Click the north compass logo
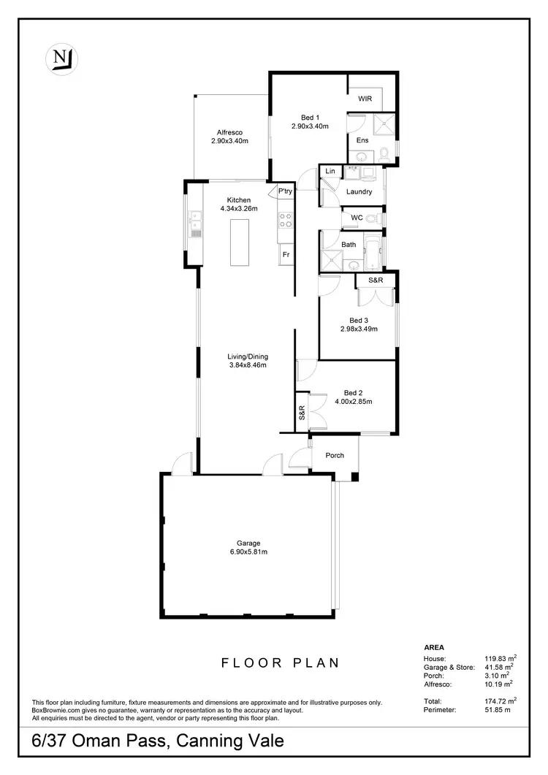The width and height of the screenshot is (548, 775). pyautogui.click(x=62, y=58)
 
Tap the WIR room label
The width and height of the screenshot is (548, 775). pyautogui.click(x=365, y=99)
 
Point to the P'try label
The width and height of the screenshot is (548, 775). pyautogui.click(x=285, y=191)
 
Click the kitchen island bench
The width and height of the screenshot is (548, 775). pyautogui.click(x=239, y=242)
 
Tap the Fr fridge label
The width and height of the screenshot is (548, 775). pyautogui.click(x=286, y=254)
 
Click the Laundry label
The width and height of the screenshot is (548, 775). pyautogui.click(x=359, y=192)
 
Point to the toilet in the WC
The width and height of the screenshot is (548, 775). pyautogui.click(x=372, y=218)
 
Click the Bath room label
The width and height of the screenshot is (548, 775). pyautogui.click(x=349, y=244)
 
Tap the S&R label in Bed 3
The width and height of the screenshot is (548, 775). pyautogui.click(x=376, y=280)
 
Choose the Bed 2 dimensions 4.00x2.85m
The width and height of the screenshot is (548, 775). pyautogui.click(x=354, y=402)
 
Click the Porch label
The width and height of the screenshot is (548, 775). pyautogui.click(x=335, y=456)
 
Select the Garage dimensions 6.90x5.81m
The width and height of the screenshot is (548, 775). pyautogui.click(x=248, y=552)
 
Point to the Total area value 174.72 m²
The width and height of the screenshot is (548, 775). pyautogui.click(x=502, y=700)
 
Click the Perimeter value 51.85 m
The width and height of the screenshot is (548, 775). pyautogui.click(x=501, y=709)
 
